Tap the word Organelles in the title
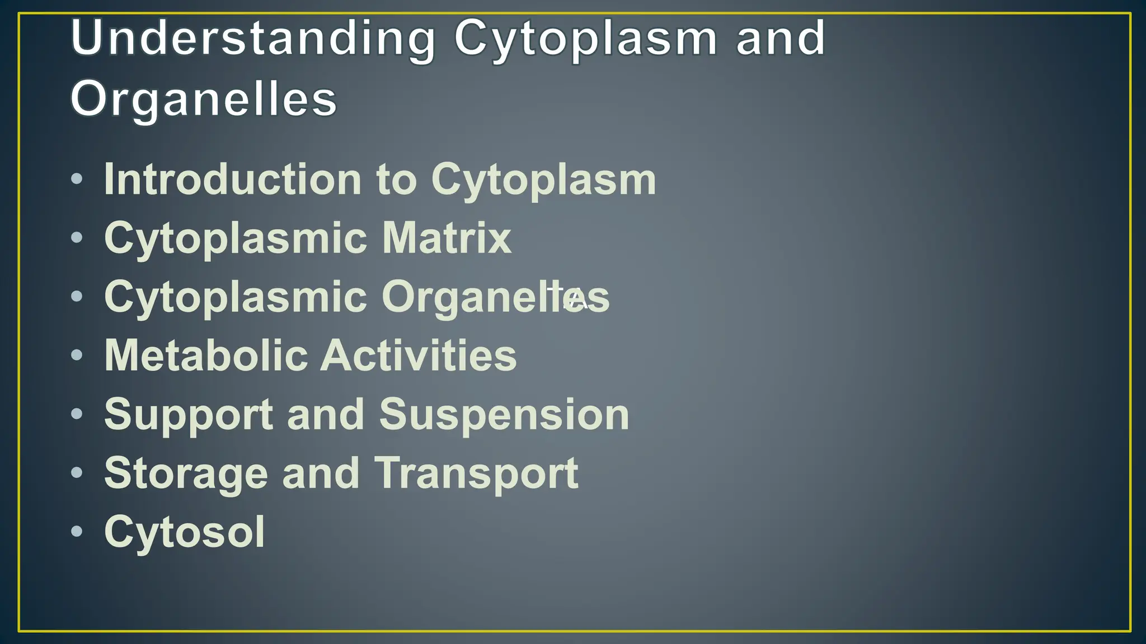tap(204, 100)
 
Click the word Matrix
tap(447, 239)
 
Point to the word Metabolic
tap(206, 356)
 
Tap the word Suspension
tap(504, 415)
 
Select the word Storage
tap(186, 474)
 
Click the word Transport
tap(476, 474)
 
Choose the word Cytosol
tap(185, 532)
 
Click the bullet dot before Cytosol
tap(77, 531)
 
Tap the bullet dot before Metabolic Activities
tap(77, 355)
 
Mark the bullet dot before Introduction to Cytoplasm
tap(77, 179)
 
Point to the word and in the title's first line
tap(781, 38)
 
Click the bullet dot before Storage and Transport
tap(77, 472)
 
